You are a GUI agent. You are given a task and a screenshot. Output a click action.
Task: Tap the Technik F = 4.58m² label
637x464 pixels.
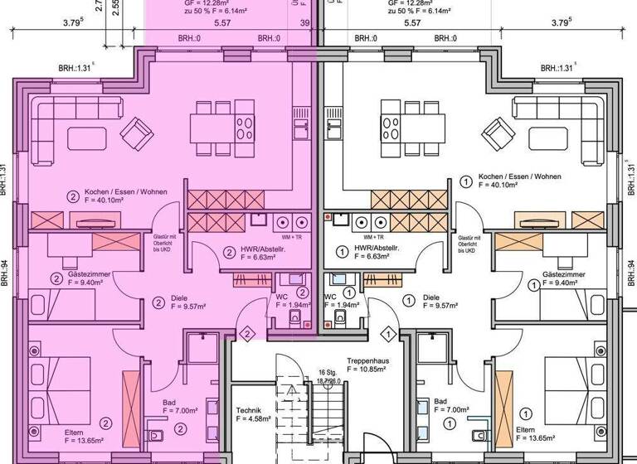[254, 415]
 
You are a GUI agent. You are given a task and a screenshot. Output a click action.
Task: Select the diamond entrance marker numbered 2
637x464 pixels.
[246, 333]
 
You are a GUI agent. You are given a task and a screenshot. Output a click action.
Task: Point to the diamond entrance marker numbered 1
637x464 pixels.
[387, 333]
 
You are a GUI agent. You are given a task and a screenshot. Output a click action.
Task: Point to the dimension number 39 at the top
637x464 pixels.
[304, 25]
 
